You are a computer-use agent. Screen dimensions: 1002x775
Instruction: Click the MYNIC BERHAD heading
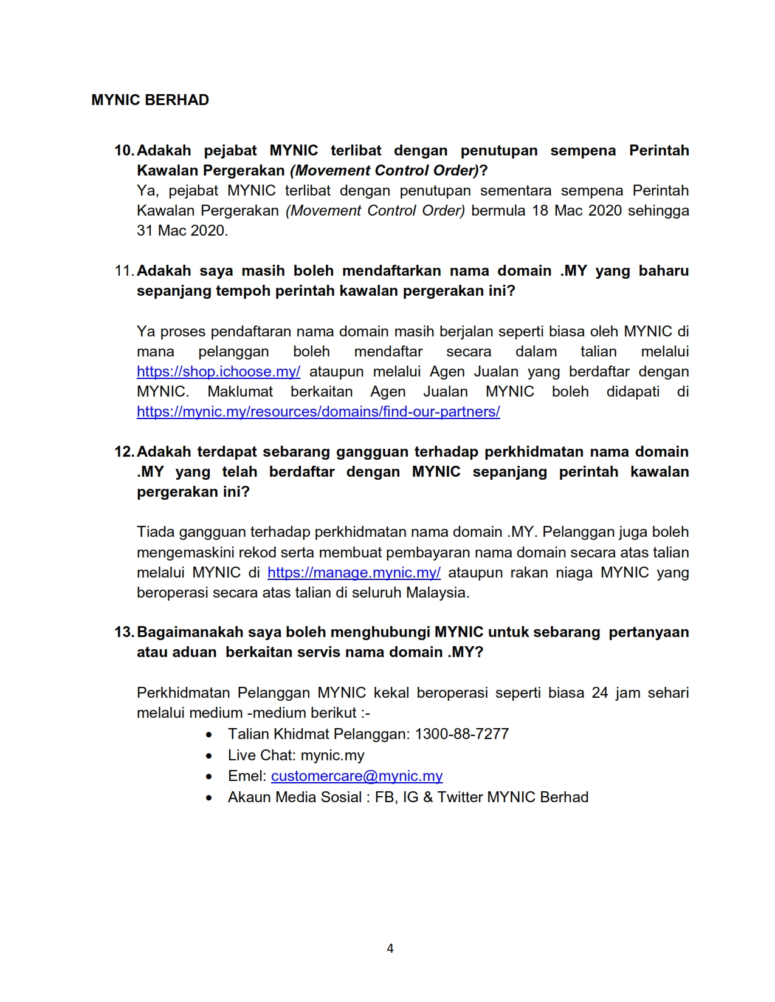150,100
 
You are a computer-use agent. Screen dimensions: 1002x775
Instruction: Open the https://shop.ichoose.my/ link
218,372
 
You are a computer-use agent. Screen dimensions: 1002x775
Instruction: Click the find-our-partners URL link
318,412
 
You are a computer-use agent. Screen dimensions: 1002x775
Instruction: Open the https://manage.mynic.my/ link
354,573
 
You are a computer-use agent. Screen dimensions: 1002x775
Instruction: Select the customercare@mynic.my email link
357,776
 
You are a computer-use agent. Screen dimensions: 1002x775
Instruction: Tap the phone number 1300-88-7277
461,734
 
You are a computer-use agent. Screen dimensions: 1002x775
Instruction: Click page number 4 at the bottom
390,949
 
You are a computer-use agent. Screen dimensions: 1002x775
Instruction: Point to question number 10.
124,151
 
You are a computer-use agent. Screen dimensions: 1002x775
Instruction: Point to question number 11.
124,271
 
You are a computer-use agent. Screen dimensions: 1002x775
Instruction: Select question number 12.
124,452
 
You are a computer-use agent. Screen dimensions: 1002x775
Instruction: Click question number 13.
124,632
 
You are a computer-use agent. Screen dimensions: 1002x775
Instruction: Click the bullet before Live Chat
209,756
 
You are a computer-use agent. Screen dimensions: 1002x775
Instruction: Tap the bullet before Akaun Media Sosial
209,798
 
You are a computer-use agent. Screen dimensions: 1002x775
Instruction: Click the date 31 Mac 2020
182,231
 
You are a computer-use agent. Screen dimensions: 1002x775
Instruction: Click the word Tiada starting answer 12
155,532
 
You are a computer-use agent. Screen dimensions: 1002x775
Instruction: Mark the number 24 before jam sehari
599,693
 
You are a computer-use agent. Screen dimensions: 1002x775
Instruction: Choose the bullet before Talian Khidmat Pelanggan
209,735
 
